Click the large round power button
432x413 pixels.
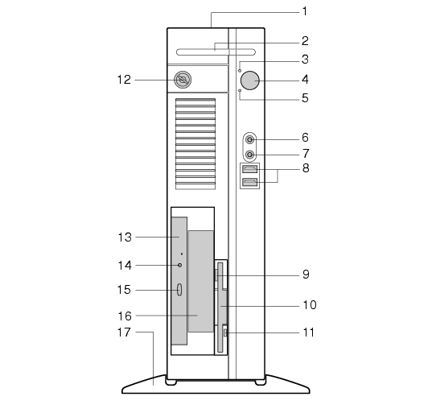[x=250, y=81]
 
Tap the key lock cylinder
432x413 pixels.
[x=183, y=80]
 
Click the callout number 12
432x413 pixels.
[x=124, y=80]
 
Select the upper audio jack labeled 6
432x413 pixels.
[x=249, y=140]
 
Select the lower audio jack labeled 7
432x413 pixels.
[x=249, y=155]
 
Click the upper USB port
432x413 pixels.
[x=249, y=169]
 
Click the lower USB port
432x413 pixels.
[x=249, y=182]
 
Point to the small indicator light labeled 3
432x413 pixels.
[x=240, y=71]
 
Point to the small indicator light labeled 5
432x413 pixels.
[x=240, y=90]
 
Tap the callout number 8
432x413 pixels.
[x=306, y=168]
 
